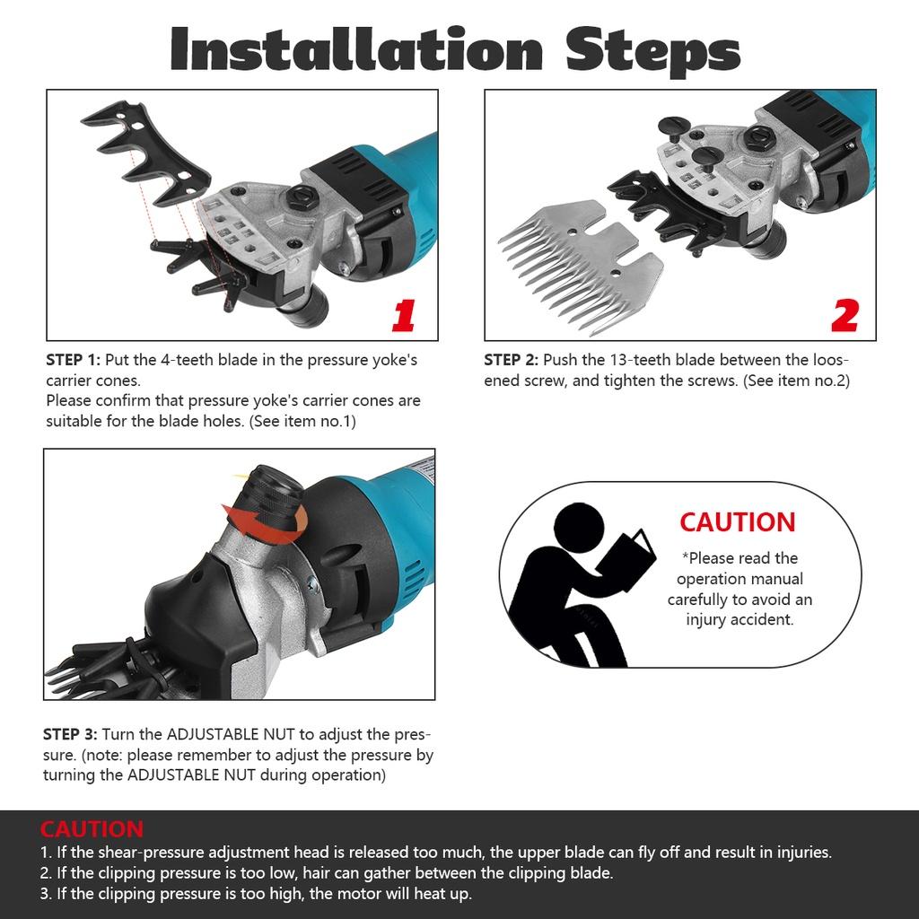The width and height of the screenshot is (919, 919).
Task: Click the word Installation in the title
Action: pos(356,49)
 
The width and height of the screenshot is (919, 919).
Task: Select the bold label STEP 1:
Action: pos(74,360)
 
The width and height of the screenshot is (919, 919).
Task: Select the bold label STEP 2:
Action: pos(511,360)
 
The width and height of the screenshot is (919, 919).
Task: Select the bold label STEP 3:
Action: pos(70,734)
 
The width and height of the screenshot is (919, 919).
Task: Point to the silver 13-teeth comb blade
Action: pos(581,265)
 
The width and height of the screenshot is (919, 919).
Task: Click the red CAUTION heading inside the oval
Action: pos(738,522)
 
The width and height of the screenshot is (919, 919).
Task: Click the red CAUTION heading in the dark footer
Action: pos(92,829)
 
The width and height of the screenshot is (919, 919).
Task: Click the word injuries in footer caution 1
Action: pos(804,853)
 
